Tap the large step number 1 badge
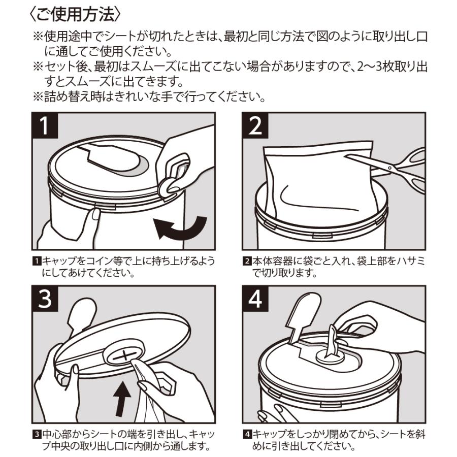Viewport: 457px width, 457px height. click(45, 125)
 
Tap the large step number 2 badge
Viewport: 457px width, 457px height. click(255, 125)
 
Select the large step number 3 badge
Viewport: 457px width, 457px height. click(45, 299)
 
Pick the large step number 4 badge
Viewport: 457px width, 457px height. click(255, 299)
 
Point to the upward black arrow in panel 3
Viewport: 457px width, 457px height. click(122, 398)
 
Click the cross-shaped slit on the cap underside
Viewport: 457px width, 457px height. click(124, 356)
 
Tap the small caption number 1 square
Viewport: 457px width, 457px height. click(37, 261)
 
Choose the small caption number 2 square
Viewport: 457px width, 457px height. click(247, 261)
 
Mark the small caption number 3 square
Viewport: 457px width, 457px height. click(37, 434)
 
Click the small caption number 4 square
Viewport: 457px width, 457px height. click(247, 434)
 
